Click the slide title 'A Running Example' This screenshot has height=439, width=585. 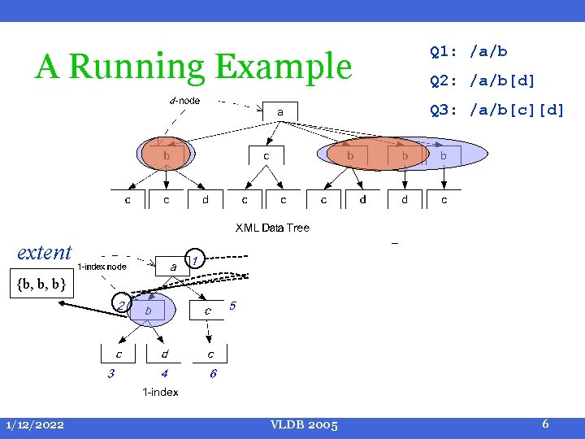pyautogui.click(x=193, y=67)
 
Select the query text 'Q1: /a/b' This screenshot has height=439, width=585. pyautogui.click(x=469, y=52)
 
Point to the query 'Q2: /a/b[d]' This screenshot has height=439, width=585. pyautogui.click(x=483, y=80)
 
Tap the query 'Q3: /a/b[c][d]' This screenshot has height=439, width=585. pyautogui.click(x=496, y=109)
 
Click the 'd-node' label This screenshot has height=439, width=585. pyautogui.click(x=184, y=101)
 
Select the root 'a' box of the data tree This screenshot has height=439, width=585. pyautogui.click(x=279, y=111)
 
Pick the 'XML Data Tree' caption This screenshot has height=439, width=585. pyautogui.click(x=272, y=228)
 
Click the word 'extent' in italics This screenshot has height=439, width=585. pyautogui.click(x=45, y=252)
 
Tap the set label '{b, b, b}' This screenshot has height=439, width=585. pyautogui.click(x=40, y=285)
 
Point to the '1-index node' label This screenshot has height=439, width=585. pyautogui.click(x=102, y=266)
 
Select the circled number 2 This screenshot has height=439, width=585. pyautogui.click(x=121, y=305)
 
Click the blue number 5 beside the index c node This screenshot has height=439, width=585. pyautogui.click(x=233, y=306)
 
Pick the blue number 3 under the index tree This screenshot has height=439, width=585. pyautogui.click(x=111, y=374)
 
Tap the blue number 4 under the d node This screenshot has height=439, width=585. pyautogui.click(x=164, y=374)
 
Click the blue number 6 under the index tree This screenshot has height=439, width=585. pyautogui.click(x=213, y=374)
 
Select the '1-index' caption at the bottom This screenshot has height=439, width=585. pyautogui.click(x=161, y=393)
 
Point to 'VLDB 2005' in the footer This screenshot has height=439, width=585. pyautogui.click(x=305, y=425)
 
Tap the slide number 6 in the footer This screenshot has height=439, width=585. pyautogui.click(x=545, y=424)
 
